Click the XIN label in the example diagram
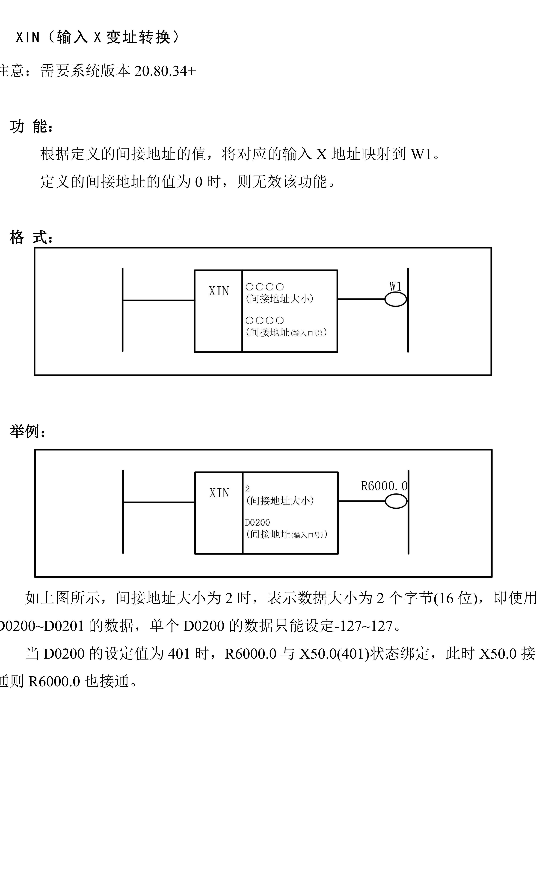tap(219, 493)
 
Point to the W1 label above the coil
tap(395, 286)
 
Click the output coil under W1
tap(395, 299)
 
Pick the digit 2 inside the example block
tap(248, 489)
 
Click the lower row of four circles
tap(264, 320)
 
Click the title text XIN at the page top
tap(28, 37)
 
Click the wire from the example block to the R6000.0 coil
tap(361, 501)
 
